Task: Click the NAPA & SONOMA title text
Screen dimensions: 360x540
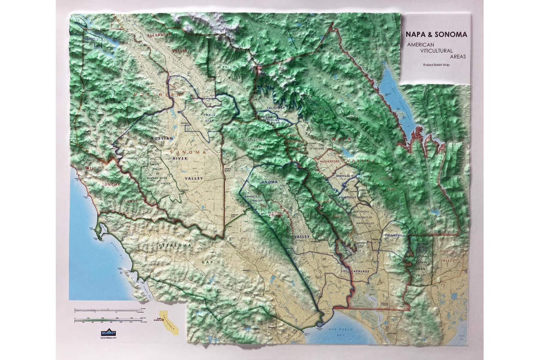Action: point(436,35)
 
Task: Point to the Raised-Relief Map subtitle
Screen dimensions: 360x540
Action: point(436,64)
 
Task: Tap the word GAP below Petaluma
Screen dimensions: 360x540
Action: point(208,263)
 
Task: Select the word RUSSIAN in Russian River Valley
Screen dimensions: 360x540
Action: point(162,139)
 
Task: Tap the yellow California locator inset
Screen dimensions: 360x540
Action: point(170,326)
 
